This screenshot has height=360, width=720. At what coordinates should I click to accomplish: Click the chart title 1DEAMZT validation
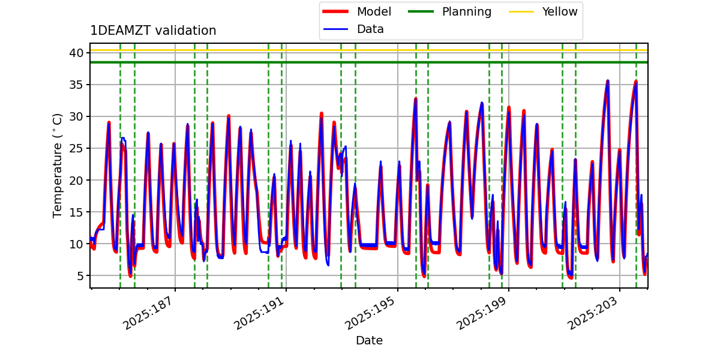point(153,31)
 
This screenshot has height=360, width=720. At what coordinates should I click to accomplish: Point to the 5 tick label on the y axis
point(78,275)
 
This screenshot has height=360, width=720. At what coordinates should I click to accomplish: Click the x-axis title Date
point(369,341)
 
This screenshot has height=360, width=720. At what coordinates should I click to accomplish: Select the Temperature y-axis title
point(58,165)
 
